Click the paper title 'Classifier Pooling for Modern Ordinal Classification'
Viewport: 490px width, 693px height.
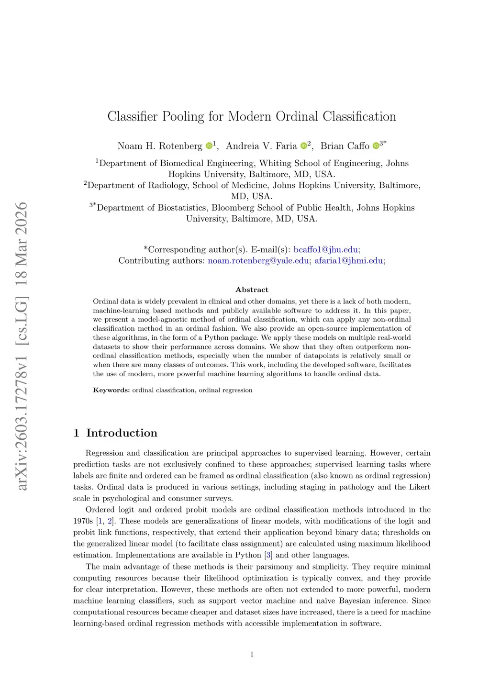pos(252,116)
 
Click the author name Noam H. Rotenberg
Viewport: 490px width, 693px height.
pos(160,146)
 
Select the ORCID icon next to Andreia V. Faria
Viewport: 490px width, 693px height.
pos(303,146)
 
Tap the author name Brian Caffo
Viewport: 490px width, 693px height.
pos(345,146)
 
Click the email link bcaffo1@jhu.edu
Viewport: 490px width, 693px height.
pos(325,249)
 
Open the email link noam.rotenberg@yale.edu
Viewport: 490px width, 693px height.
pos(258,260)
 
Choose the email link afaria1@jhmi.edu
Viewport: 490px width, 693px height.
pos(348,260)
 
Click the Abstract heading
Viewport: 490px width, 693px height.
pos(252,290)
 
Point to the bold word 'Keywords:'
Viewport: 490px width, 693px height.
pos(111,390)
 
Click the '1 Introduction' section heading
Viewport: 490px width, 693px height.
pos(115,433)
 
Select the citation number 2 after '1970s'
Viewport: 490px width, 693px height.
pos(110,521)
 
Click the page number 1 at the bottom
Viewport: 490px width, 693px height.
pos(252,654)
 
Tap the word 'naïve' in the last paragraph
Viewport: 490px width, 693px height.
pos(325,601)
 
